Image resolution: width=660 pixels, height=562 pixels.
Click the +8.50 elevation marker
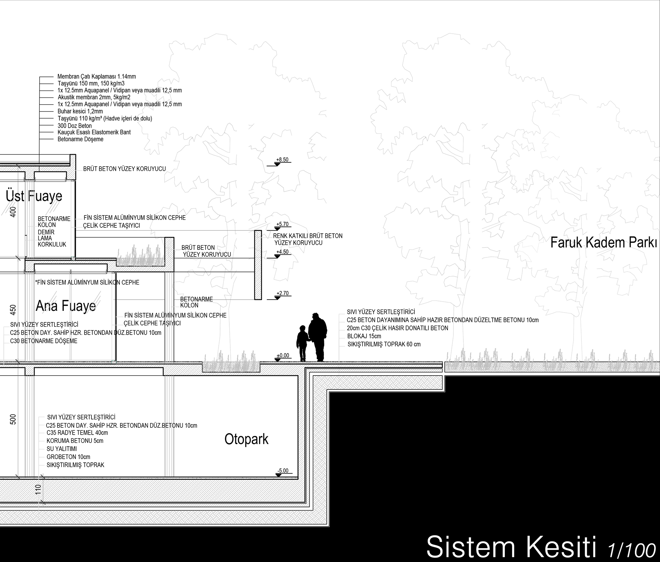coord(282,160)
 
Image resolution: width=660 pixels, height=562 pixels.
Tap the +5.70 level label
coord(282,224)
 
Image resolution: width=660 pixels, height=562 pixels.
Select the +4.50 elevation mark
coord(282,252)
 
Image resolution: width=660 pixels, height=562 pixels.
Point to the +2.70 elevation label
coord(282,293)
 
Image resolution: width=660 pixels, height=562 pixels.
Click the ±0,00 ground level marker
coord(282,356)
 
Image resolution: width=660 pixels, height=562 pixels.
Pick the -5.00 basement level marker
coord(283,471)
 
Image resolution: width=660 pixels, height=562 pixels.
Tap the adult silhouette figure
coord(317,337)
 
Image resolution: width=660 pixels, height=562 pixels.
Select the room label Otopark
coord(246,440)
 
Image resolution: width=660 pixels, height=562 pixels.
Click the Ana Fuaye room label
coord(66,306)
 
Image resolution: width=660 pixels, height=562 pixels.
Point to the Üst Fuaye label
coord(34,196)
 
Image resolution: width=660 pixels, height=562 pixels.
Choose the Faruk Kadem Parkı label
coord(604,243)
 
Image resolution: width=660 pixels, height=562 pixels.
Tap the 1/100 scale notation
coord(631,549)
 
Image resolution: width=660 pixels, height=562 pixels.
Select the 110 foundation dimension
coord(38,489)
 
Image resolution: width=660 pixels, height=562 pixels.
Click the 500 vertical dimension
coord(13,419)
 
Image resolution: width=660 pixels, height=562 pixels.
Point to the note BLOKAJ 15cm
coord(364,336)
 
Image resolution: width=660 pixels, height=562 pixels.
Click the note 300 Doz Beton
coord(75,126)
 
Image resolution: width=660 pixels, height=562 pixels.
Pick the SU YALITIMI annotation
coord(62,449)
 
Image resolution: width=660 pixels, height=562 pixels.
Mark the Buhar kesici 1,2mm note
coord(80,112)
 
